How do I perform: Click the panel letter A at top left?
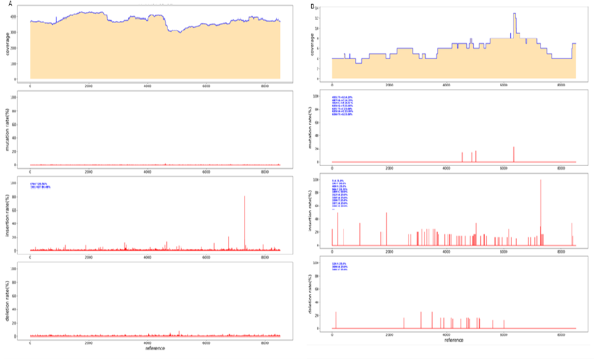click(10, 3)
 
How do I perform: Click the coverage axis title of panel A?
click(8, 44)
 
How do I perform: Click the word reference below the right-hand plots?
click(453, 340)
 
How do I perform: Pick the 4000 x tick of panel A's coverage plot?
click(147, 85)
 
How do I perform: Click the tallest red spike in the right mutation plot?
click(514, 147)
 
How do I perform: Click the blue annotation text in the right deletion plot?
click(341, 267)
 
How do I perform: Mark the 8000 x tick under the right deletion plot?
click(561, 334)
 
